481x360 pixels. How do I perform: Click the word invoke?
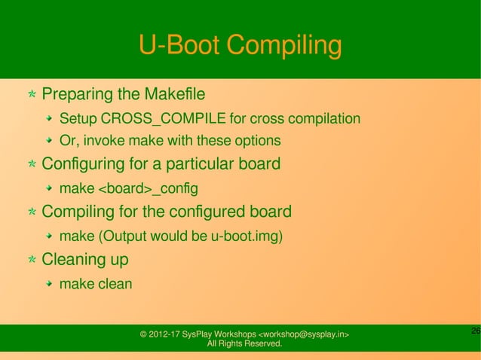coord(100,141)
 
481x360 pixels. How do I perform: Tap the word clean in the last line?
coord(115,284)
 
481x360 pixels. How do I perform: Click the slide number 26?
coord(475,331)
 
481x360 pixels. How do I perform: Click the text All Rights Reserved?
coord(244,344)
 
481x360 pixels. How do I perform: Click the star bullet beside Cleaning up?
coord(32,260)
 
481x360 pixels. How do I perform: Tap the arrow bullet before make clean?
coord(49,284)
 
